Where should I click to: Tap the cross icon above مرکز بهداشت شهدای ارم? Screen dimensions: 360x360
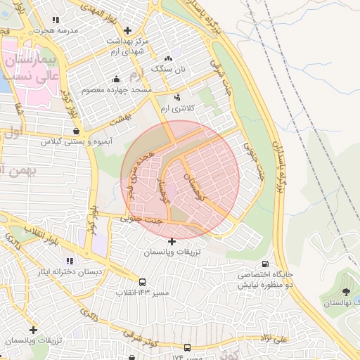127,30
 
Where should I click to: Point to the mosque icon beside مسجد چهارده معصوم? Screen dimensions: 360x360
116,79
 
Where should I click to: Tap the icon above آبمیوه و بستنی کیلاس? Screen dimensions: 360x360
76,131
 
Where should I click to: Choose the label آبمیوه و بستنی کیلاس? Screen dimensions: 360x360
77,141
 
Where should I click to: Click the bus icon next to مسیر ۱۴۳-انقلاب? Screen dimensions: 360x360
143,281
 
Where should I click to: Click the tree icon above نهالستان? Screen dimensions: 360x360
345,291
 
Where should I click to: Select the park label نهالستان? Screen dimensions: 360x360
340,302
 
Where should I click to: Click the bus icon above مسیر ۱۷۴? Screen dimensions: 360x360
187,347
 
